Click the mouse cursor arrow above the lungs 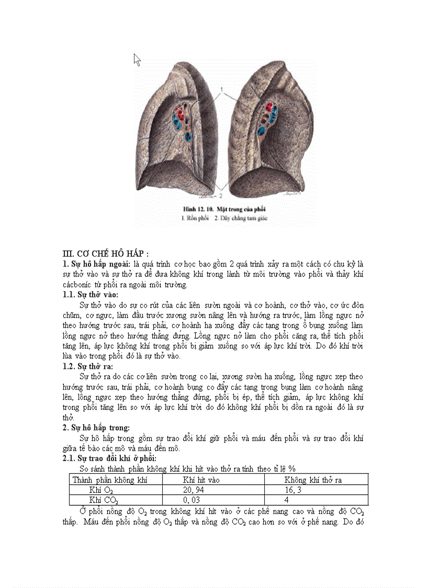[137, 60]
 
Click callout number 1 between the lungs [222, 90]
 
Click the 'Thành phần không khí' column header [110, 480]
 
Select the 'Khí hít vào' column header [201, 480]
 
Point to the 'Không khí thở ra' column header [313, 480]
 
